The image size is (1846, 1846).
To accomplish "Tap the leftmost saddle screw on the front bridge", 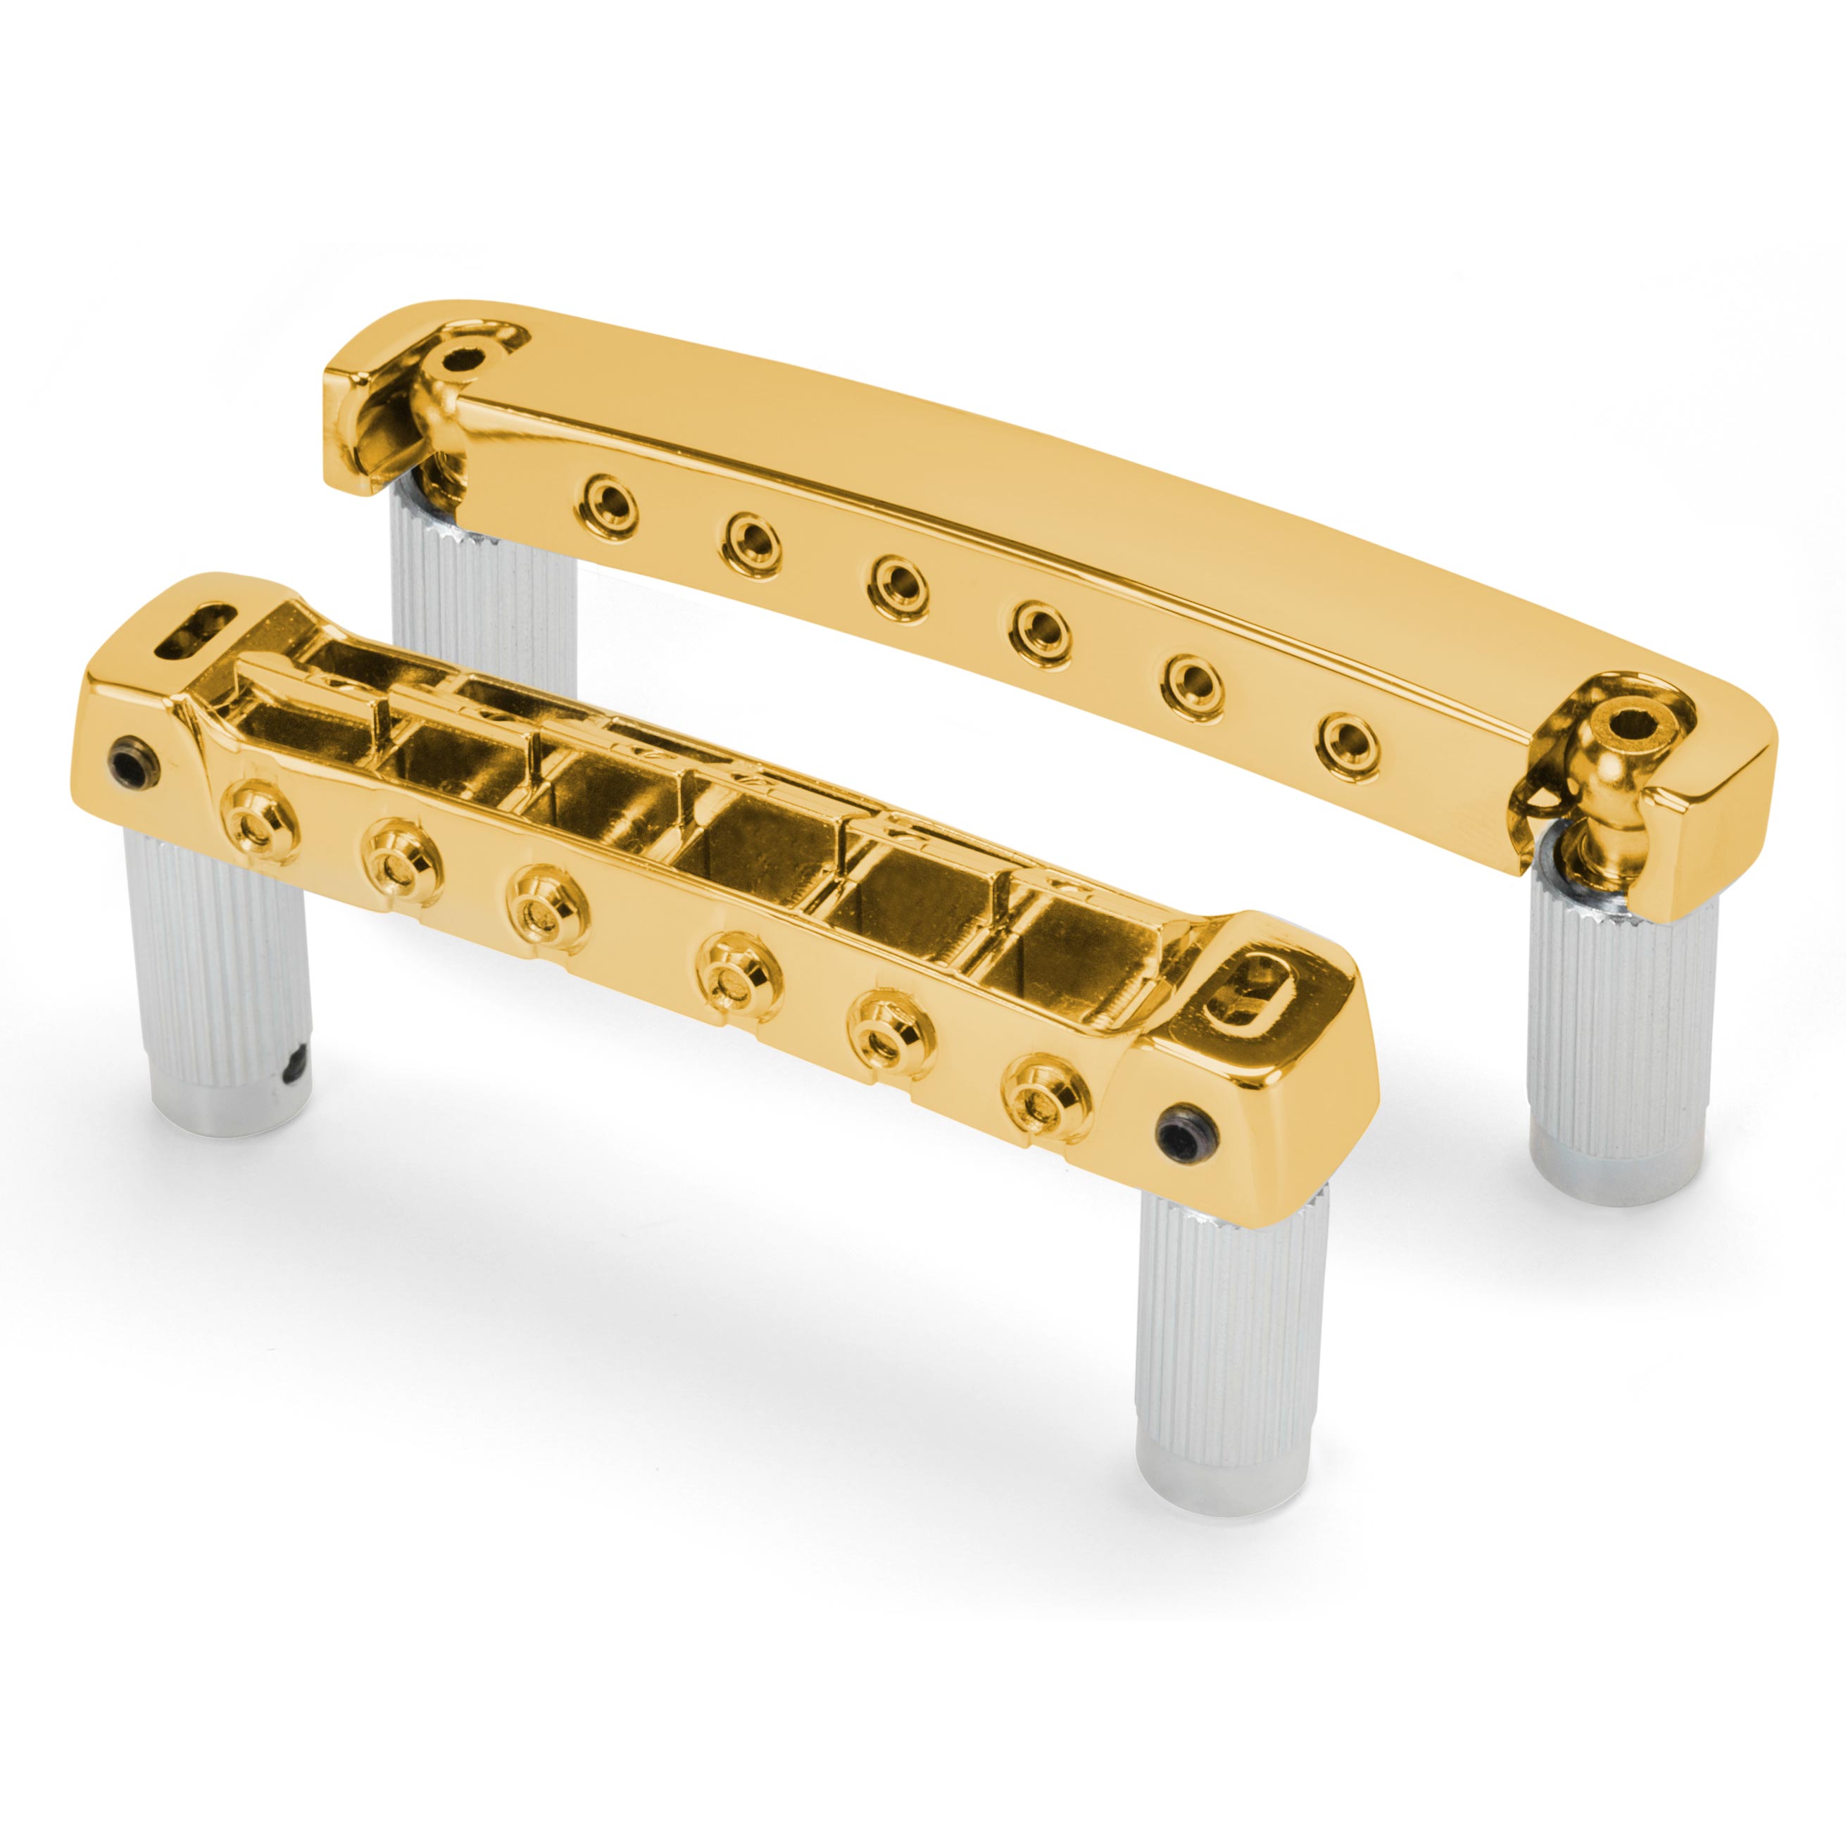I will (257, 800).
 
